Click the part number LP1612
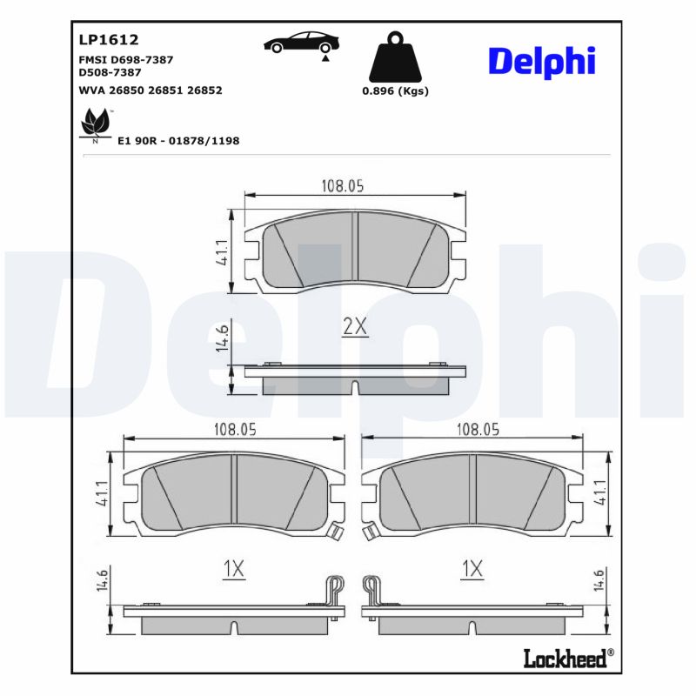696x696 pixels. [x=109, y=39]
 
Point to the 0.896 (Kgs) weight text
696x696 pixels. [x=396, y=90]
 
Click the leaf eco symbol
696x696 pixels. [x=93, y=125]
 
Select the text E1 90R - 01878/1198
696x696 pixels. [x=178, y=140]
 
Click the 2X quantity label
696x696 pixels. [x=355, y=327]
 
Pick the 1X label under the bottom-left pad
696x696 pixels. [x=233, y=569]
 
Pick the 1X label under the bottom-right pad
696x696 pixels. [x=472, y=569]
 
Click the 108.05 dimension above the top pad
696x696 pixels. [x=342, y=184]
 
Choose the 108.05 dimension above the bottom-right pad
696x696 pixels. [x=478, y=428]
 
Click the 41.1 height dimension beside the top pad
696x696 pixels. [x=222, y=252]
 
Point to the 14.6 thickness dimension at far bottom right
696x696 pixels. [x=599, y=579]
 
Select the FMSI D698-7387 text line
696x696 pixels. [x=126, y=59]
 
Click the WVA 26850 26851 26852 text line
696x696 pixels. [x=151, y=90]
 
